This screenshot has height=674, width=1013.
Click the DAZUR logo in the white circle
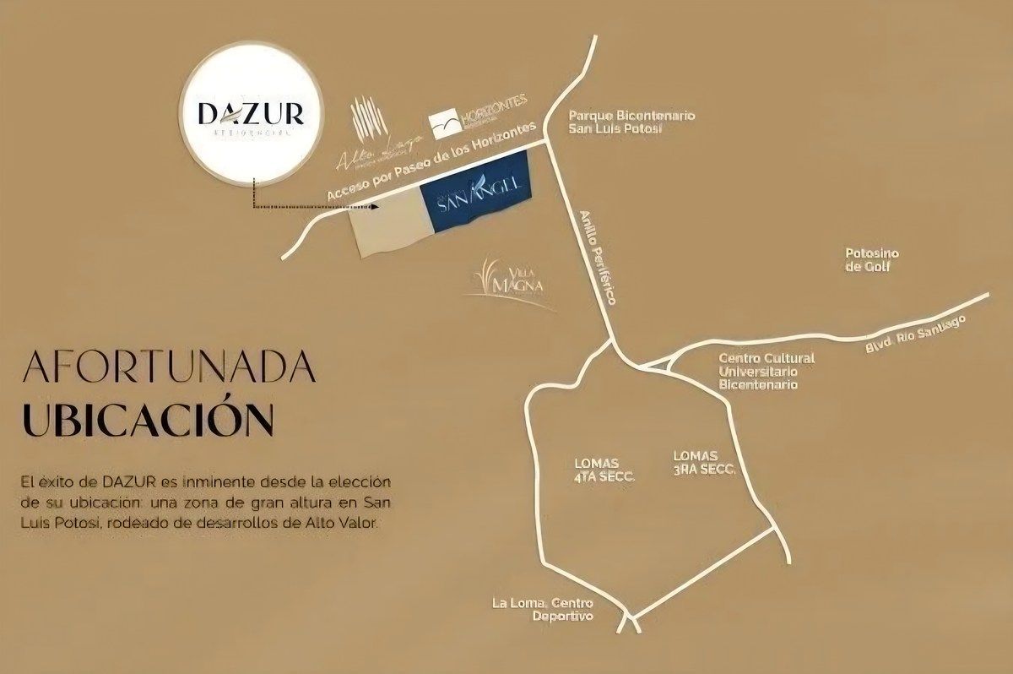point(247,115)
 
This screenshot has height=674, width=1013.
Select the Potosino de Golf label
point(872,260)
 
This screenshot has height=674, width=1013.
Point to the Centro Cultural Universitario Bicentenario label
point(767,371)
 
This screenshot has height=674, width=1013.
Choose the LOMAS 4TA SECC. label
point(603,470)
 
